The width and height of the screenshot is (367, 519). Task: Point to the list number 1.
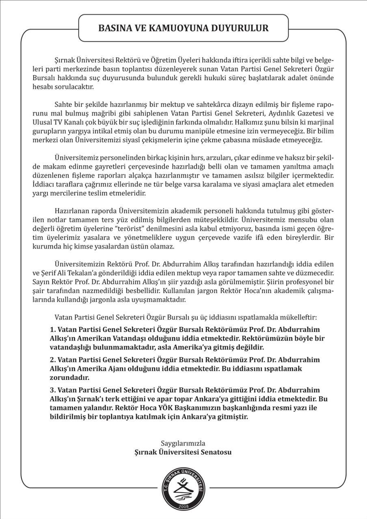[52, 329]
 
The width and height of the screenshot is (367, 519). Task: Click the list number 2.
[52, 360]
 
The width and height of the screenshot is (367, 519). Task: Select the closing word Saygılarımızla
[183, 443]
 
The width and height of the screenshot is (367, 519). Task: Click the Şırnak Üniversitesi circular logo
[183, 486]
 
